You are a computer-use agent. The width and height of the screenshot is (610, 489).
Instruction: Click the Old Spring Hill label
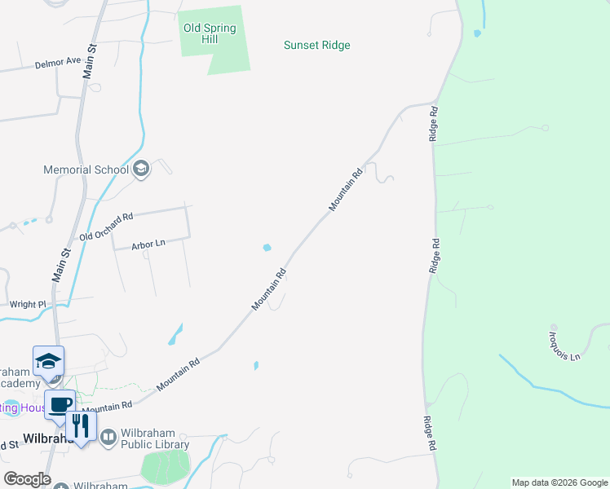click(210, 33)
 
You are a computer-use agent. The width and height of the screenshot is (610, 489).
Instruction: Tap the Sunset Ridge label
click(316, 45)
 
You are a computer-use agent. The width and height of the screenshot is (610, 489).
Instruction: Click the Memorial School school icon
click(140, 169)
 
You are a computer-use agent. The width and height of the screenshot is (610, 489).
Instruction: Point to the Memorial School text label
click(86, 170)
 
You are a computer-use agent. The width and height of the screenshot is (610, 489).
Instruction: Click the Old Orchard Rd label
click(106, 227)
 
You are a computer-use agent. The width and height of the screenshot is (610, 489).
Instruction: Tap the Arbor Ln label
click(148, 244)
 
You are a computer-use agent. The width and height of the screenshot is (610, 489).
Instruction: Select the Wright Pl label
click(28, 304)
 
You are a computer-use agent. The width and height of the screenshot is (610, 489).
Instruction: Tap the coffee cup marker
click(59, 405)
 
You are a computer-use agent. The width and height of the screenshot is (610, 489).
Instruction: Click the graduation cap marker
click(48, 360)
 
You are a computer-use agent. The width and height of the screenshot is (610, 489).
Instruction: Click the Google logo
click(27, 479)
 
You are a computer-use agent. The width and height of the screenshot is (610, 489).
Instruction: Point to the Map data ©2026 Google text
click(559, 482)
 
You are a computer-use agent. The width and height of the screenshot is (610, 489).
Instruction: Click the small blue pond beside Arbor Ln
click(267, 248)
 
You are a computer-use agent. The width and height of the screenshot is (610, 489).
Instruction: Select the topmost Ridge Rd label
click(435, 123)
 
